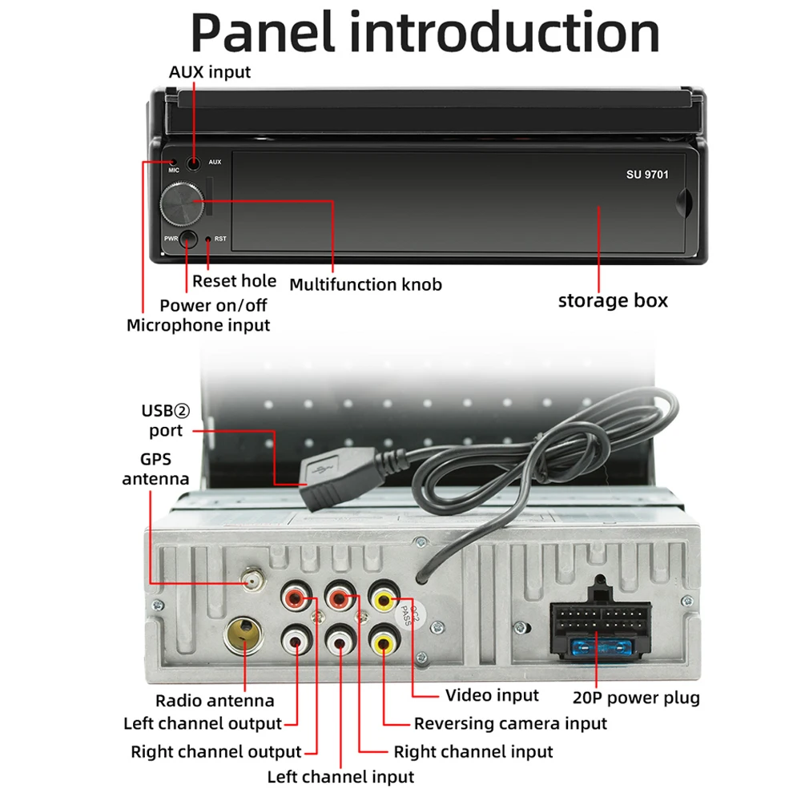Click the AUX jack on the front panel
tap(193, 164)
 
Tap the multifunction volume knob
tap(182, 204)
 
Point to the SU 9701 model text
tap(647, 175)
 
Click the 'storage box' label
tap(613, 300)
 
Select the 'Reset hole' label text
tap(234, 281)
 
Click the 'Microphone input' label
tap(198, 325)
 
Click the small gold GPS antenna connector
tap(253, 580)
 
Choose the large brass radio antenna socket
tap(244, 635)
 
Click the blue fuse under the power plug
tap(602, 649)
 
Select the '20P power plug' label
tap(636, 698)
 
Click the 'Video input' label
tap(492, 695)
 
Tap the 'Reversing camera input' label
tap(510, 724)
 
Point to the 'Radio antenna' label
tap(215, 700)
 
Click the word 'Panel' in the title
tap(263, 32)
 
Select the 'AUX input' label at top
tap(209, 72)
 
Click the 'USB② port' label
tap(166, 421)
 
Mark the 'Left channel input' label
tap(340, 777)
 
